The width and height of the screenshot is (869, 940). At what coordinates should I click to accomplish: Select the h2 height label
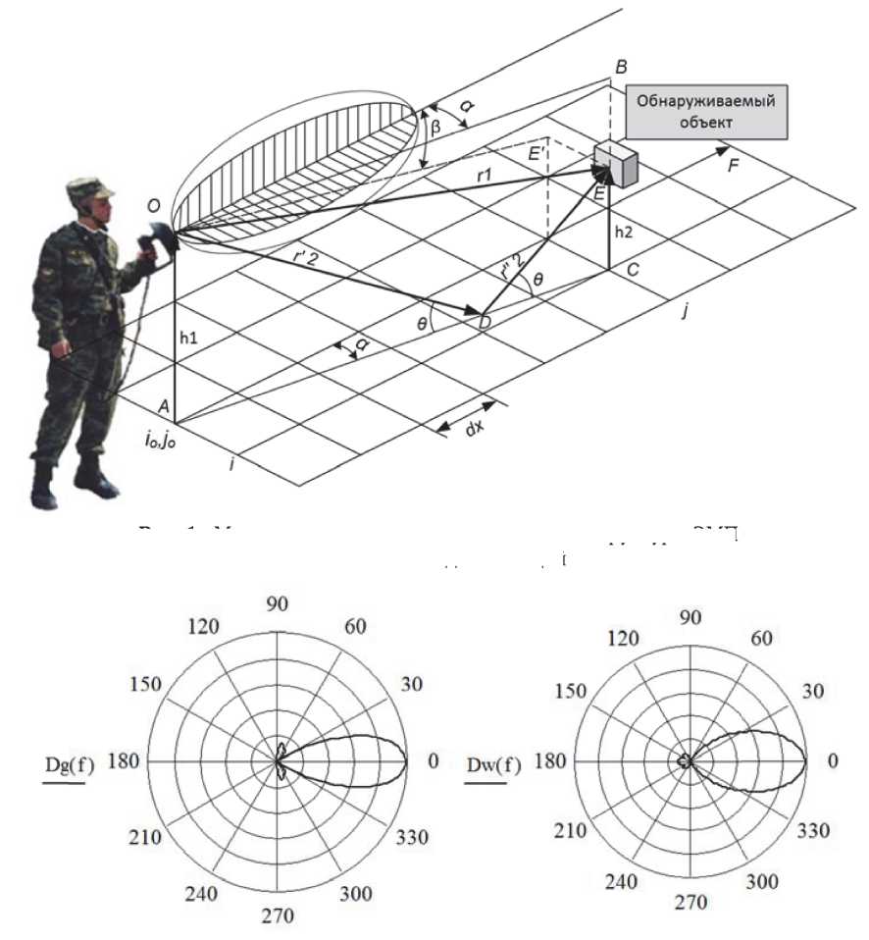point(623,233)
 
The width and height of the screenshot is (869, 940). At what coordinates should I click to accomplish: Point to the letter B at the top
point(621,67)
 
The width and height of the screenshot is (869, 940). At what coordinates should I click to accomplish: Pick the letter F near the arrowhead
point(733,166)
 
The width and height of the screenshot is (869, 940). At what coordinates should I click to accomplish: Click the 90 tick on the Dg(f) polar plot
point(278,602)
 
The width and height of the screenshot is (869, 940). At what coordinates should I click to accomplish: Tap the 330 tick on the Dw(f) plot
point(813,830)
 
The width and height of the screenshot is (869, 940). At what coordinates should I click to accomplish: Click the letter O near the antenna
point(153,205)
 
